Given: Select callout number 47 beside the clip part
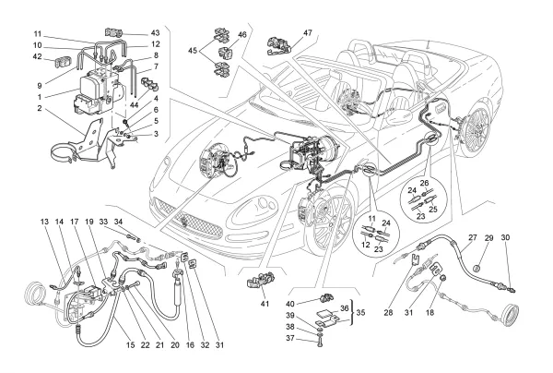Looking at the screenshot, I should (307, 33).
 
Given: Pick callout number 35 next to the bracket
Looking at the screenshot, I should (360, 313).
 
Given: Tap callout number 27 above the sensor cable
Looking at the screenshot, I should (471, 238).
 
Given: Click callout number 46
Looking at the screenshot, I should (242, 34).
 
